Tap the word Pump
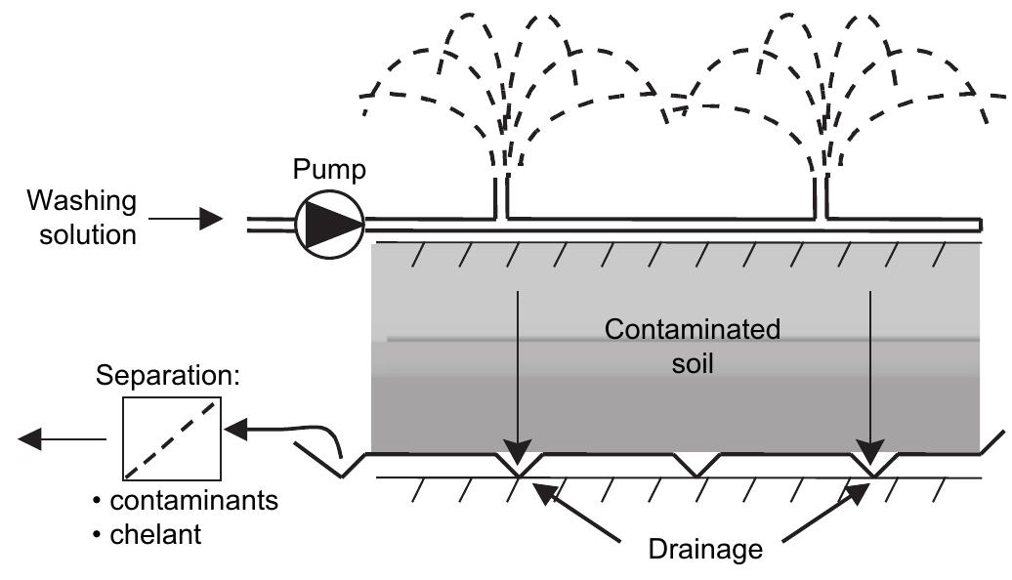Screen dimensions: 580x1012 click(329, 170)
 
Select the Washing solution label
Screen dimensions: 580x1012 click(82, 218)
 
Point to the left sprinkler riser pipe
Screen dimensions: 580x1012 click(500, 195)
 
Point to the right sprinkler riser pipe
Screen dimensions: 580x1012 click(821, 195)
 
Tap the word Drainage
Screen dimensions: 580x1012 click(704, 550)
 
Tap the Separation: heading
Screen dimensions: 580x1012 click(167, 376)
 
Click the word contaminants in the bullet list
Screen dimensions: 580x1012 click(193, 501)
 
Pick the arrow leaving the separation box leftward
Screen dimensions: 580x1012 click(62, 439)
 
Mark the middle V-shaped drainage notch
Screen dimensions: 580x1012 click(695, 465)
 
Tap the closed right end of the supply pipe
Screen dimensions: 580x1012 click(980, 225)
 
